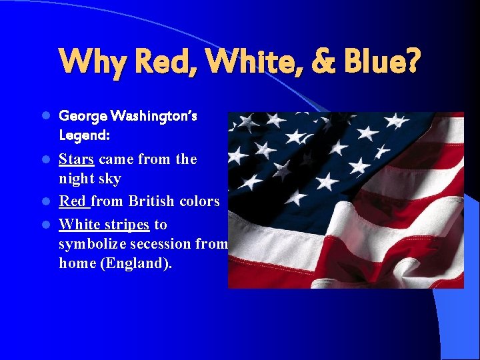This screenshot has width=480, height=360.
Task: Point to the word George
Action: point(82,116)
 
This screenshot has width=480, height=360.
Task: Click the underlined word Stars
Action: point(77,159)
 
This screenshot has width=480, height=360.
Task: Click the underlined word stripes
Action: point(125,225)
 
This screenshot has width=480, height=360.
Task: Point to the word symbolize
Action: point(91,244)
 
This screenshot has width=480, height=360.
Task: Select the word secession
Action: point(160,244)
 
